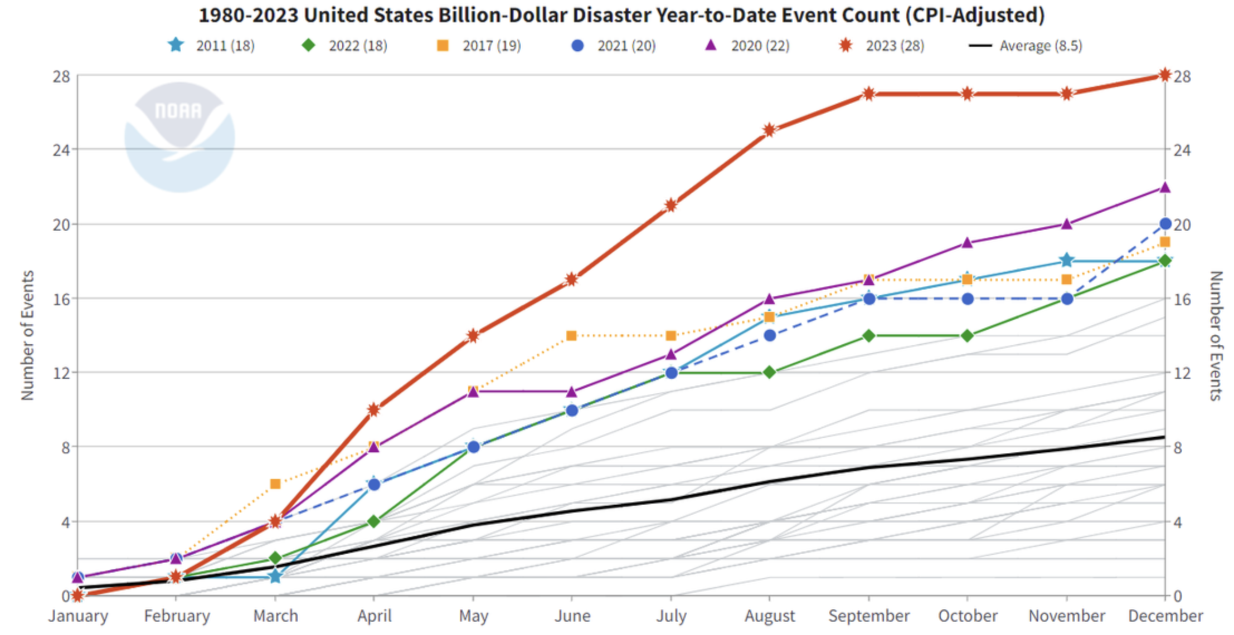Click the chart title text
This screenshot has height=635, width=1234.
621,15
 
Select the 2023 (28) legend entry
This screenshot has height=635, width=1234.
885,46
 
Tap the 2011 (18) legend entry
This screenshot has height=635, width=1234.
212,46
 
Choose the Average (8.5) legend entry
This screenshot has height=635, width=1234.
1026,46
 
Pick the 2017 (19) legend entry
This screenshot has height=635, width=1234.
479,46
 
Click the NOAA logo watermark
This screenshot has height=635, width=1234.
179,137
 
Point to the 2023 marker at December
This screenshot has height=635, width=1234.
1164,75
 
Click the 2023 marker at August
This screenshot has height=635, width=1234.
770,130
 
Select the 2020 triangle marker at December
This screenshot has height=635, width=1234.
1164,188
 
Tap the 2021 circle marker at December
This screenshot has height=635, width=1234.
1164,224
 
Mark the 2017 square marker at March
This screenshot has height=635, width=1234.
275,484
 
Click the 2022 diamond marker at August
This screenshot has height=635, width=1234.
770,372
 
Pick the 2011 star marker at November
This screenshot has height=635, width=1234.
1066,260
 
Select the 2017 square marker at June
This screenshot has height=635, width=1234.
571,335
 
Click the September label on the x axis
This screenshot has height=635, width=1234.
868,616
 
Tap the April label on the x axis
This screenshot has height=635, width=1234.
374,616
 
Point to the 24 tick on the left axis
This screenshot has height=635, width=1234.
61,150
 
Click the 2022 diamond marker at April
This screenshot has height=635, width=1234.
374,521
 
